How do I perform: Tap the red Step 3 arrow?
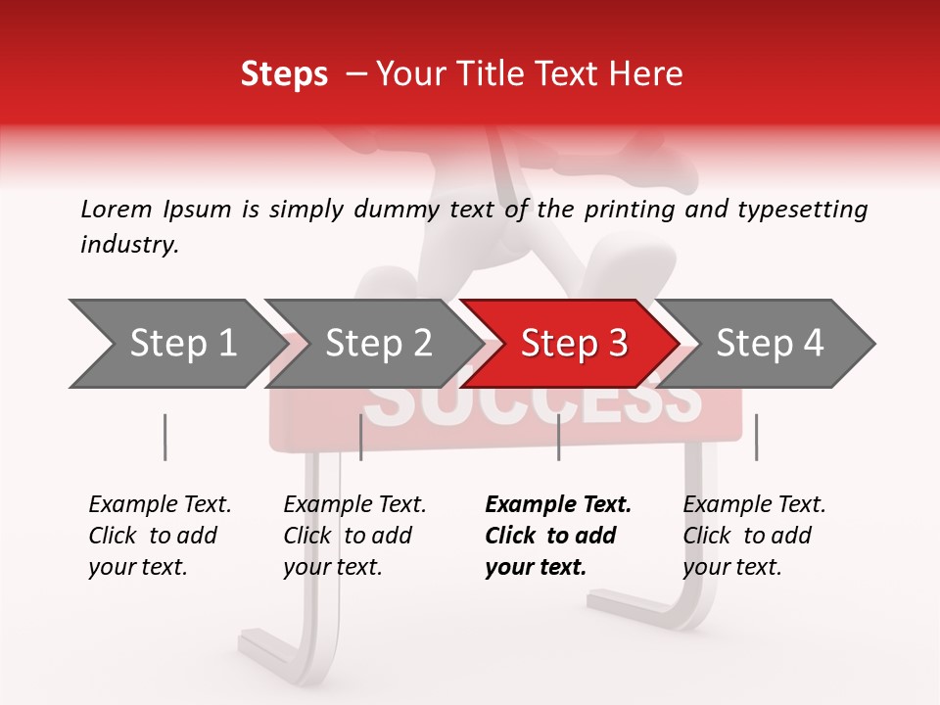(x=573, y=344)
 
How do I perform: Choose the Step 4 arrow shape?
(x=770, y=344)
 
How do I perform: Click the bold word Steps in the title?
(x=284, y=74)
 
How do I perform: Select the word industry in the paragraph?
(x=129, y=245)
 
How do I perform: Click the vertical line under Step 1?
(x=164, y=437)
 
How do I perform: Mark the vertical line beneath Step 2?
(x=361, y=437)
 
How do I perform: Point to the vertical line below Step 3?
(x=558, y=437)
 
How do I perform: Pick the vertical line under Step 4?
(x=756, y=437)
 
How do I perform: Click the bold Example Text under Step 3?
(x=558, y=505)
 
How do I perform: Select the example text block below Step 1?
(x=160, y=536)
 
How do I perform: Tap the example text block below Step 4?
(x=754, y=536)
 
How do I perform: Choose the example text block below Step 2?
(x=354, y=536)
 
